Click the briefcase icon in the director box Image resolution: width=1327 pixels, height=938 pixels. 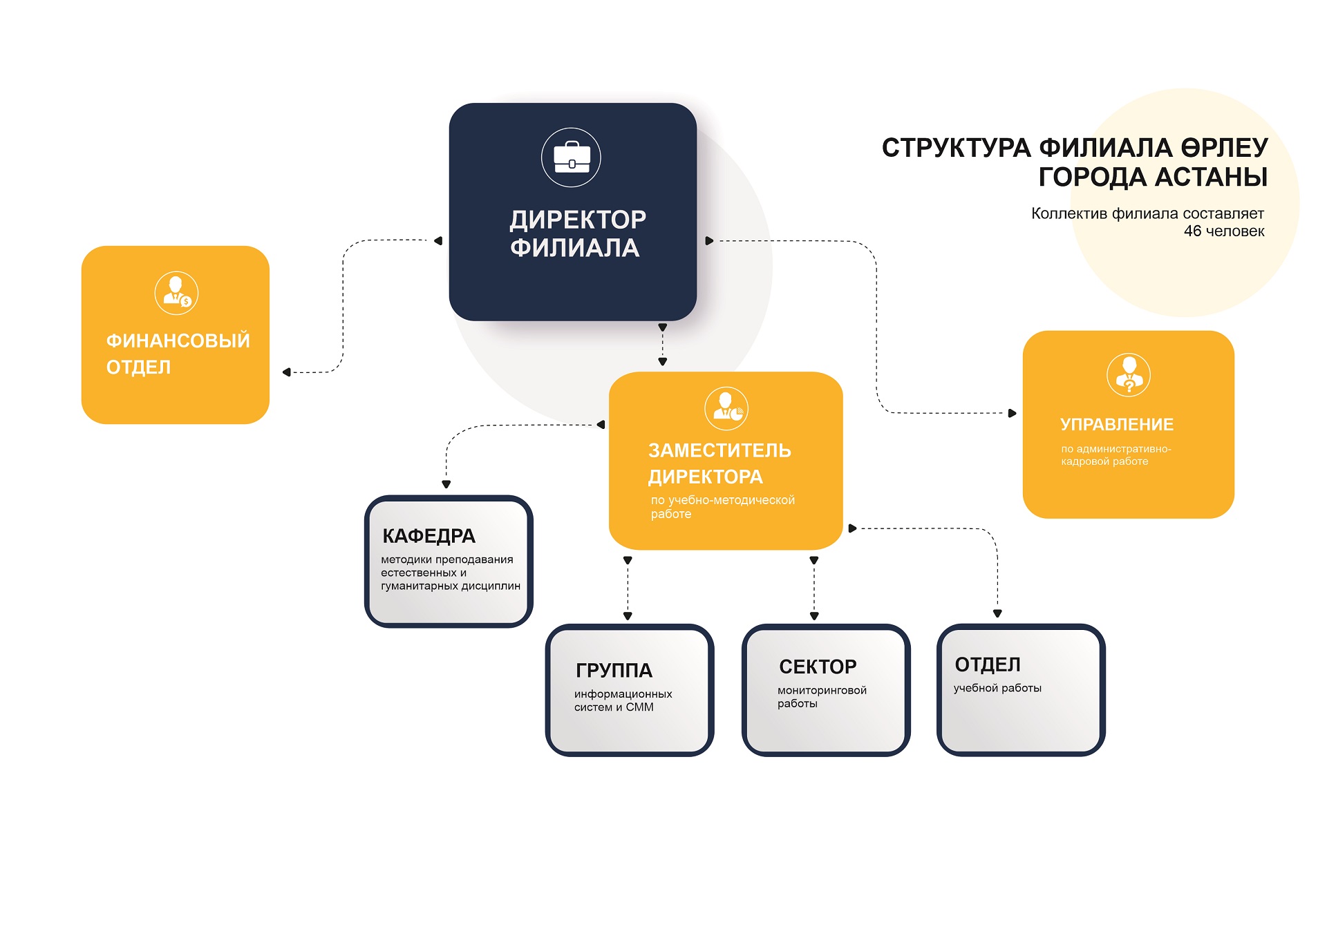[572, 157]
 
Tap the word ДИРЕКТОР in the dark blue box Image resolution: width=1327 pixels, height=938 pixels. [578, 220]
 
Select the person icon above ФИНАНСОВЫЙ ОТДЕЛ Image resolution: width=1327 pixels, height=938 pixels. [176, 293]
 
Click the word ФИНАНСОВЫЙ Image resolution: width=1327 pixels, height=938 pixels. [178, 340]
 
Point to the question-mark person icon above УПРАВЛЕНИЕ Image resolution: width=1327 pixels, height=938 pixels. [1129, 375]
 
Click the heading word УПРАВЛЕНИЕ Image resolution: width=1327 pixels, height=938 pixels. [1117, 424]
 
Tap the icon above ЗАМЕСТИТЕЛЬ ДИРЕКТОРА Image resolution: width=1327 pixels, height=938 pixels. [726, 408]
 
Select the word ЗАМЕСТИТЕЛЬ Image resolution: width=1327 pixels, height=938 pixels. [719, 450]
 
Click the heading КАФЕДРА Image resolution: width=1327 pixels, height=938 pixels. [429, 536]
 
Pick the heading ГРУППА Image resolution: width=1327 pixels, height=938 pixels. [614, 670]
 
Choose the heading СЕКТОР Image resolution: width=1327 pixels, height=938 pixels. [818, 667]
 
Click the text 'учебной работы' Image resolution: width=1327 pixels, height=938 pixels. [997, 688]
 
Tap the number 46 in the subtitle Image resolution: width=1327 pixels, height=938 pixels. [1193, 231]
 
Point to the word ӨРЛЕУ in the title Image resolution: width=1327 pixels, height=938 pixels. [1224, 148]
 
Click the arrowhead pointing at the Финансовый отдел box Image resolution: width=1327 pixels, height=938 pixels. [287, 372]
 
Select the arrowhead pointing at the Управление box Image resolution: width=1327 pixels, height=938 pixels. [1013, 413]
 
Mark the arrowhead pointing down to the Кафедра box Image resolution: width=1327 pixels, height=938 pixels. [446, 484]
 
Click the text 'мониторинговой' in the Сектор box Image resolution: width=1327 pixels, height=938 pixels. [822, 690]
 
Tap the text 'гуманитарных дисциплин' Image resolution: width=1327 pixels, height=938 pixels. [451, 586]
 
